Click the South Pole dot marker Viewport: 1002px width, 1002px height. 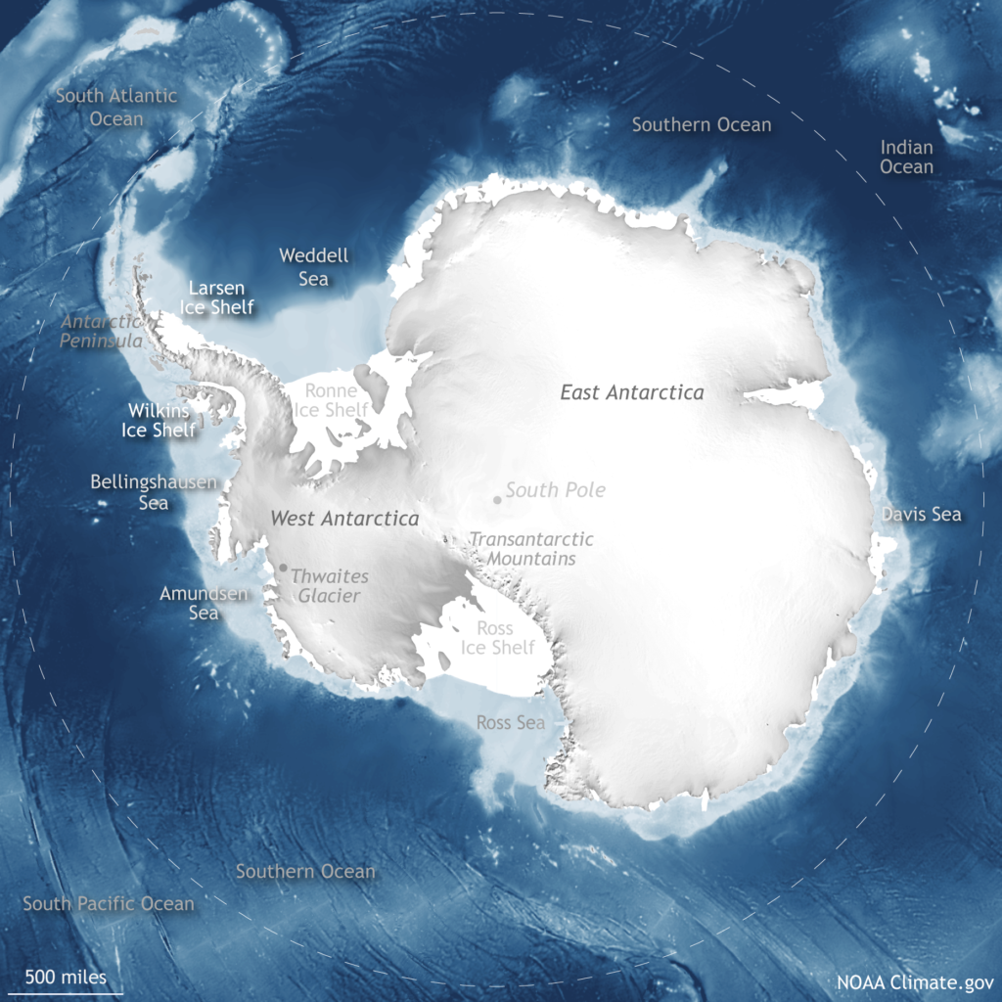pos(497,500)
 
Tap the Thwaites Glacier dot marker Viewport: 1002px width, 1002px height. pos(283,568)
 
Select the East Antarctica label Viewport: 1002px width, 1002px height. pos(631,392)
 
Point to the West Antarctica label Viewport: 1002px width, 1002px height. pos(344,519)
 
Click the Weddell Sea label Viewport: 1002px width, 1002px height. pos(313,267)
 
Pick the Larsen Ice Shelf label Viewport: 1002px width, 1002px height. pos(216,297)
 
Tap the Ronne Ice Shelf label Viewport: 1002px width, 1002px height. pos(332,400)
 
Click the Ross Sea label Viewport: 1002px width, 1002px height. pos(510,723)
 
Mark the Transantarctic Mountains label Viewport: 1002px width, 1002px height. pos(531,549)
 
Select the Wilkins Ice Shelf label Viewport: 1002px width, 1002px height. pos(159,420)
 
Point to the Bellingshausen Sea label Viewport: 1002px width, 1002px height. pos(154,492)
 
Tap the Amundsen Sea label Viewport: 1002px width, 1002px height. pos(204,603)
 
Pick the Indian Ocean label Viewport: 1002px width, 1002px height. pos(906,157)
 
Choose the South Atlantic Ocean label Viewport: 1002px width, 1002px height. pos(116,107)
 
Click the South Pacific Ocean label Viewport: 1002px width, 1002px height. pos(109,903)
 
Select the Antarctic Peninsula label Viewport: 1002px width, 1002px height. pos(103,331)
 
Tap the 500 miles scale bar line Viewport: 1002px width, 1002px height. pos(68,993)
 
